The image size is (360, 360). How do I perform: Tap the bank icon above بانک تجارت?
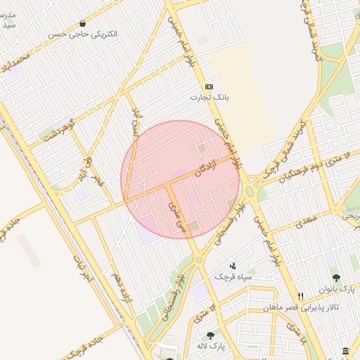coord(209,86)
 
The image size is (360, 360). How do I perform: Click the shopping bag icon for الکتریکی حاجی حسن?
coord(83,23)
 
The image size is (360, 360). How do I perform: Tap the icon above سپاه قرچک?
coord(233,266)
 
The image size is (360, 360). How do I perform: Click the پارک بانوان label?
coord(337,288)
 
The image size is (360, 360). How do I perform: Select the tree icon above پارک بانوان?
coord(336,277)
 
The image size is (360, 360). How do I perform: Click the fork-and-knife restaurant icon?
coord(300,296)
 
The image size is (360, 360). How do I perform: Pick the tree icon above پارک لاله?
coord(210,335)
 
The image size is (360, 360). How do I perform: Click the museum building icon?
coord(345,351)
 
